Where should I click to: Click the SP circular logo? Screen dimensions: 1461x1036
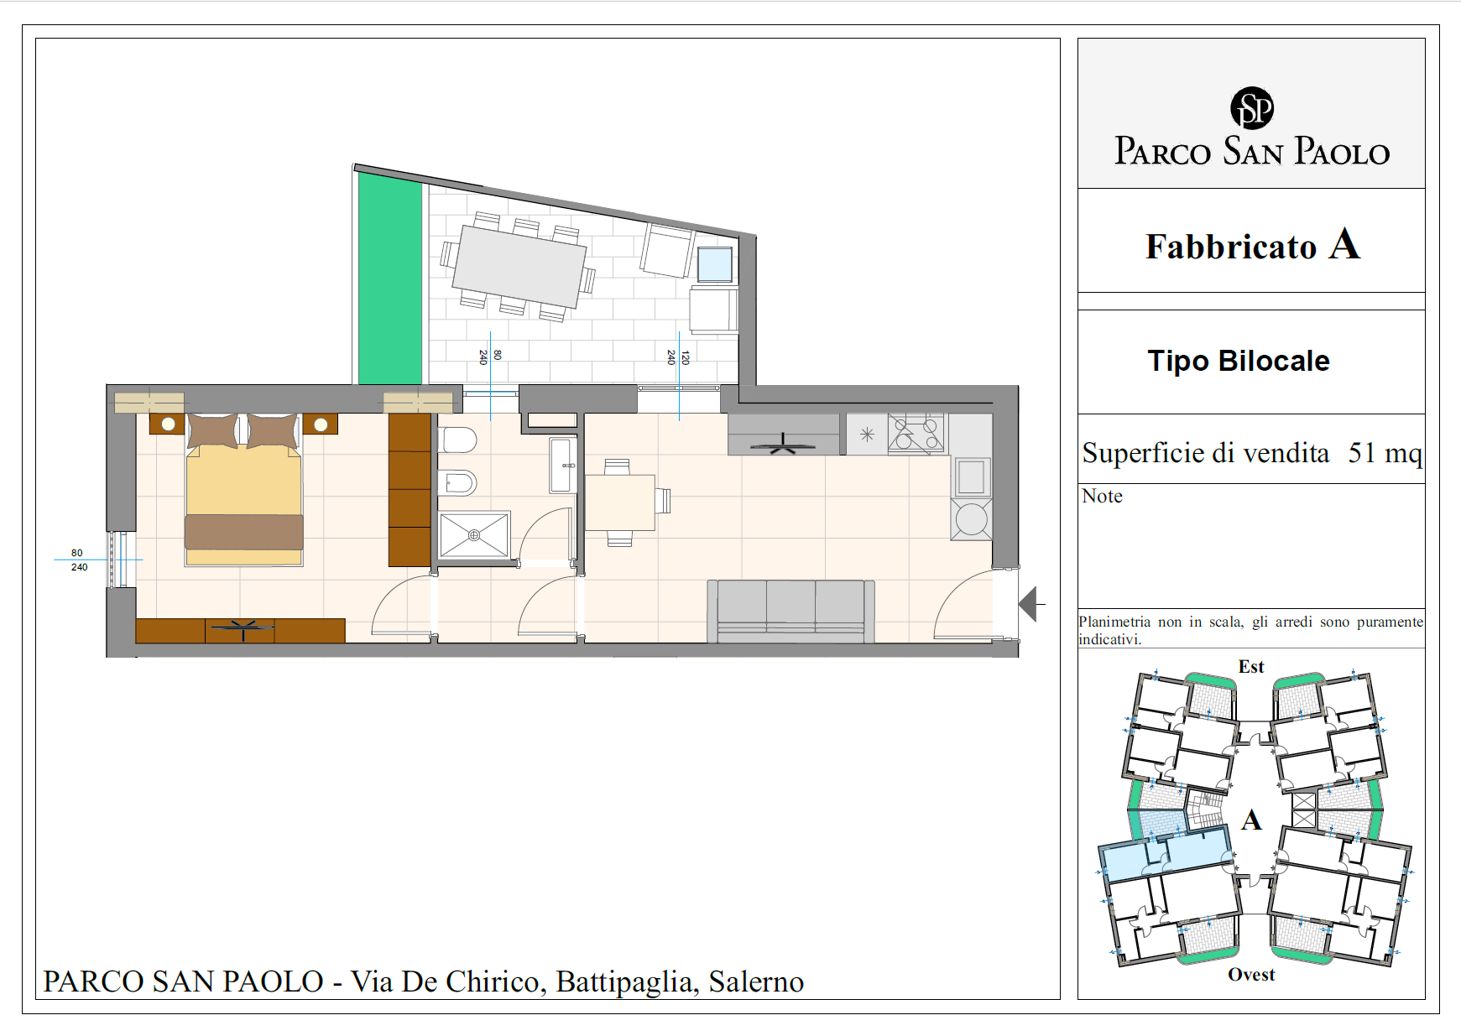point(1251,108)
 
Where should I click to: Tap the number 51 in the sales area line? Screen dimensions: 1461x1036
point(1361,453)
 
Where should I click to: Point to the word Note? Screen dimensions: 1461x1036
point(1102,496)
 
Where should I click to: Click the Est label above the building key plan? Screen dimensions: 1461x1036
point(1251,666)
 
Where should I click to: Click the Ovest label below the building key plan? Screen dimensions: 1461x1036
point(1251,974)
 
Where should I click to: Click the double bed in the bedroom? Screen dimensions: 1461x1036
point(244,490)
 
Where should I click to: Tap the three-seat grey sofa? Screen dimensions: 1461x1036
point(791,611)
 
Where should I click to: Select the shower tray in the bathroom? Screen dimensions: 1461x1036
point(474,534)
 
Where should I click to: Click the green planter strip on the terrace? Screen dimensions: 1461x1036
point(390,278)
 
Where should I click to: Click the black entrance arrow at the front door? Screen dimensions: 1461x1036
point(1028,604)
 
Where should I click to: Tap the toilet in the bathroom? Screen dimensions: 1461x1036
point(457,440)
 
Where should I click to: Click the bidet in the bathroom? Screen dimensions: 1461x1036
point(457,482)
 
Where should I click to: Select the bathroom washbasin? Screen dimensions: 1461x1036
point(562,465)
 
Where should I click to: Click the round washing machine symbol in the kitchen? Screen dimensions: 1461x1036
point(972,519)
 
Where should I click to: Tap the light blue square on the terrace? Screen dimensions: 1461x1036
point(715,264)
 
